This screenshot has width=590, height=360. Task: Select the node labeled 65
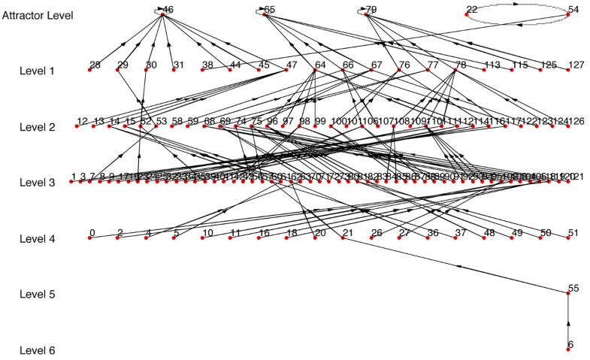click(265, 14)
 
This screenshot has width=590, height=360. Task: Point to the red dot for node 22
click(467, 14)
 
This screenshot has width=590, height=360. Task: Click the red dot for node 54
click(568, 14)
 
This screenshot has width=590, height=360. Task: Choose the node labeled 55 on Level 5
click(568, 294)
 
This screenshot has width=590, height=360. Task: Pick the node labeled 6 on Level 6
click(568, 349)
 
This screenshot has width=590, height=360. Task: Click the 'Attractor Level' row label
click(37, 15)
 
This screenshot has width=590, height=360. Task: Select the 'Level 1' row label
click(37, 71)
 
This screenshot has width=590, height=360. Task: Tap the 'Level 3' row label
click(37, 183)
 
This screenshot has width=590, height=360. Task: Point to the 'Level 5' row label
click(37, 295)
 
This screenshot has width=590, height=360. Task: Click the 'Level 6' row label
click(37, 350)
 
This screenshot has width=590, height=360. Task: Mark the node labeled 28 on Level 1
click(89, 70)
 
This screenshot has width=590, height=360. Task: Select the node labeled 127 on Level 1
click(568, 70)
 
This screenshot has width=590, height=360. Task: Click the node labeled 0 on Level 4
click(89, 238)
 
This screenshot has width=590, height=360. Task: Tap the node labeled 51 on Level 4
click(568, 238)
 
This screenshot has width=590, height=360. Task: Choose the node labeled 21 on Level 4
click(343, 238)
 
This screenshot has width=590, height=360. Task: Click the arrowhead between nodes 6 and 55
click(568, 322)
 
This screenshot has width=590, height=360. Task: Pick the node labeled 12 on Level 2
click(77, 126)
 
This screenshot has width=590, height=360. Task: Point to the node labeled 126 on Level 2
click(568, 126)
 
